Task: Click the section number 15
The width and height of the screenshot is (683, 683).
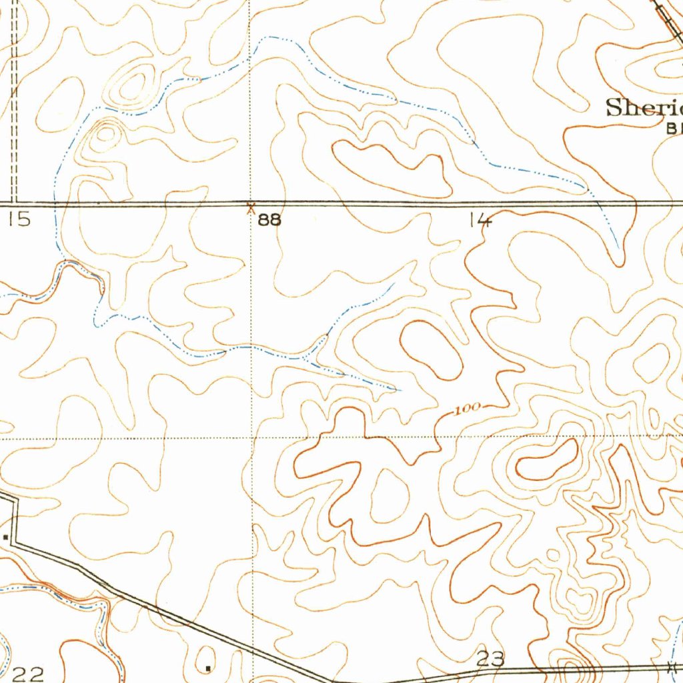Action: click(x=19, y=219)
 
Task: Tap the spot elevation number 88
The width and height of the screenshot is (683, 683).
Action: click(x=269, y=219)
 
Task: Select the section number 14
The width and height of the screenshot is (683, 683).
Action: click(x=480, y=219)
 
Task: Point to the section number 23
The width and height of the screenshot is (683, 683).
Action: click(x=491, y=659)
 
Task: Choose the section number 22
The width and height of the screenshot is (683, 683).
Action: click(x=28, y=674)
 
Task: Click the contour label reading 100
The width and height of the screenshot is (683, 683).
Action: click(x=468, y=409)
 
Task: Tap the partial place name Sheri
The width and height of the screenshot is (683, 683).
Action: click(x=644, y=107)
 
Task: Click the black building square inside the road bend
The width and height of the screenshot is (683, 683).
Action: click(x=6, y=536)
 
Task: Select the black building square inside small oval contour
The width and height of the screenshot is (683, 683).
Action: click(x=208, y=667)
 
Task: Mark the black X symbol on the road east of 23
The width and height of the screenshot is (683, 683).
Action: click(x=672, y=666)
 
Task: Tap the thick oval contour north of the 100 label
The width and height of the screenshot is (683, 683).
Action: click(x=432, y=350)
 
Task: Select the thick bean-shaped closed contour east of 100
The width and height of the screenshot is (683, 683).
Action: click(x=547, y=460)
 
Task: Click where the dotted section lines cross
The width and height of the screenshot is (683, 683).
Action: click(x=252, y=438)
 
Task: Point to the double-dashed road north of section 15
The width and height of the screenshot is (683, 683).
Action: click(x=13, y=100)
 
